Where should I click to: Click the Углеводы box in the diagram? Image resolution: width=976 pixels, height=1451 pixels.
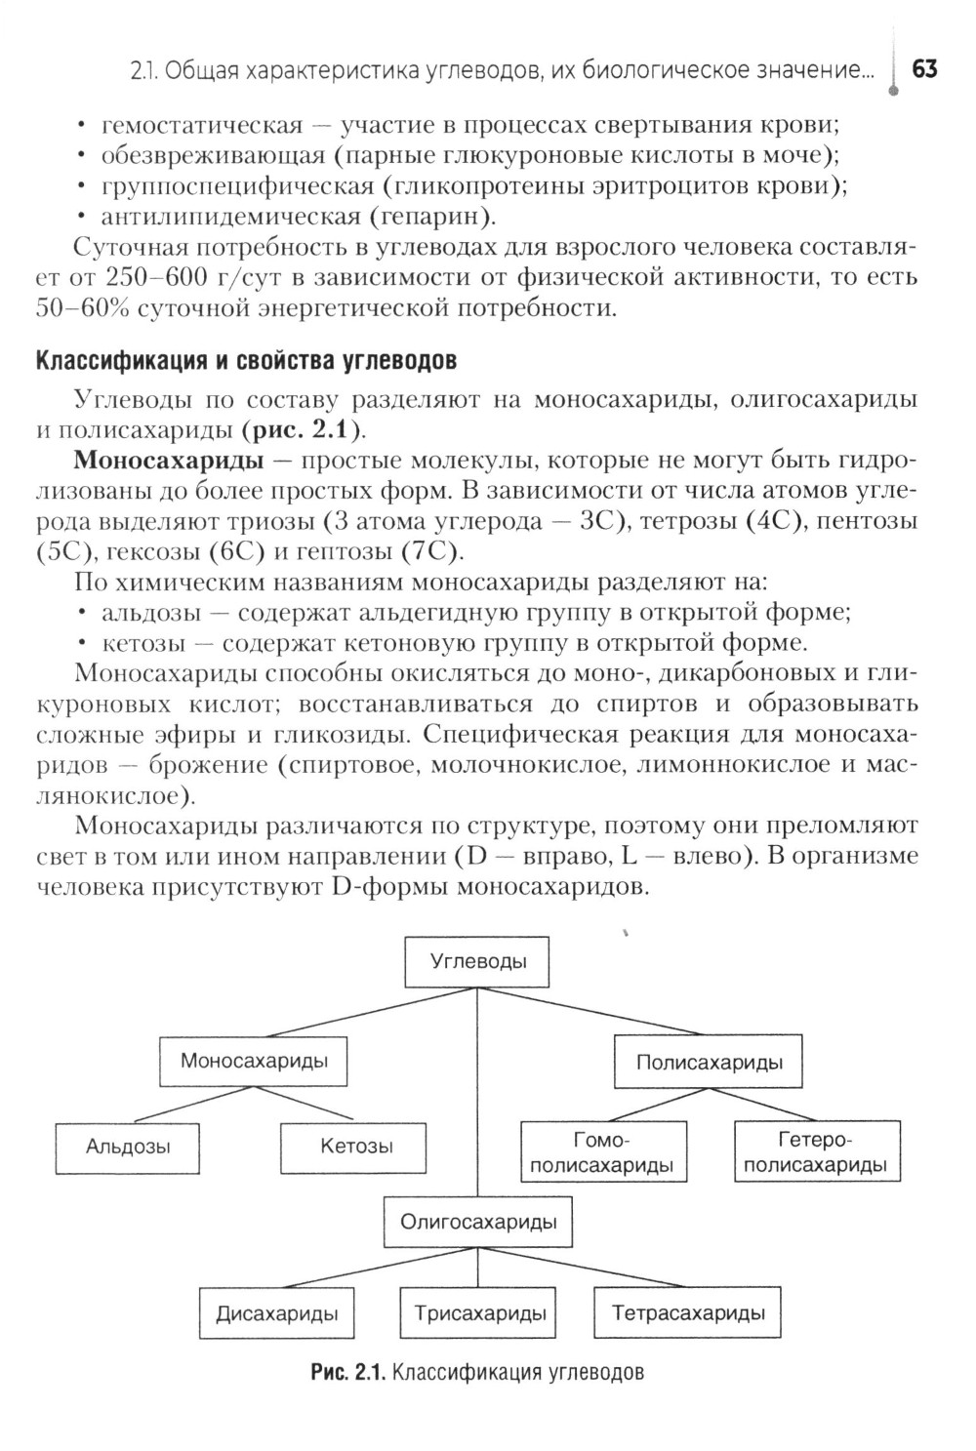[477, 961]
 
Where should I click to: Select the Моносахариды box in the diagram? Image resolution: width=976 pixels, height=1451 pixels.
[254, 1061]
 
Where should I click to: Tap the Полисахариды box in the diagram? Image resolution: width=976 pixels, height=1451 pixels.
[709, 1063]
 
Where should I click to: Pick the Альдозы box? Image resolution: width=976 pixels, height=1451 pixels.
[128, 1148]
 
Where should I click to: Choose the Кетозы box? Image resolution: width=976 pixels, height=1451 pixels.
[356, 1147]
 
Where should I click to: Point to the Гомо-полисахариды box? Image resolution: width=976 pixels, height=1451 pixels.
[601, 1152]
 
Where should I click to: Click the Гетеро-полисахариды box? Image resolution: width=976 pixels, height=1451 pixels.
[815, 1151]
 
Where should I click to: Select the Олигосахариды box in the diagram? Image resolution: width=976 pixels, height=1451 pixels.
[478, 1221]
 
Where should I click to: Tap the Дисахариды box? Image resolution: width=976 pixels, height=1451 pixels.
[277, 1313]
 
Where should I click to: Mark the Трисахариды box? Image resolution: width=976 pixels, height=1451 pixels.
[479, 1313]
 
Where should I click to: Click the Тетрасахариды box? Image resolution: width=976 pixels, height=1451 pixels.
[688, 1313]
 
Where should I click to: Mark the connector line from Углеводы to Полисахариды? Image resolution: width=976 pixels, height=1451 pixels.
[595, 1011]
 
